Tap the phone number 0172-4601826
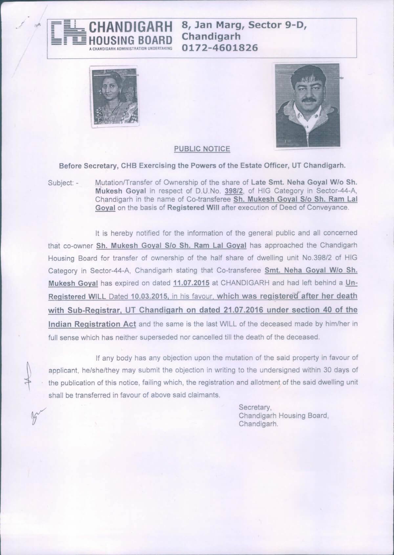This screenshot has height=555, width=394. [x=220, y=48]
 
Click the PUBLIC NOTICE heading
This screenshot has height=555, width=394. [x=202, y=149]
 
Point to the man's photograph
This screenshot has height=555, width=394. [x=308, y=106]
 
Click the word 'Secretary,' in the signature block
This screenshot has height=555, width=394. [x=255, y=407]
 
